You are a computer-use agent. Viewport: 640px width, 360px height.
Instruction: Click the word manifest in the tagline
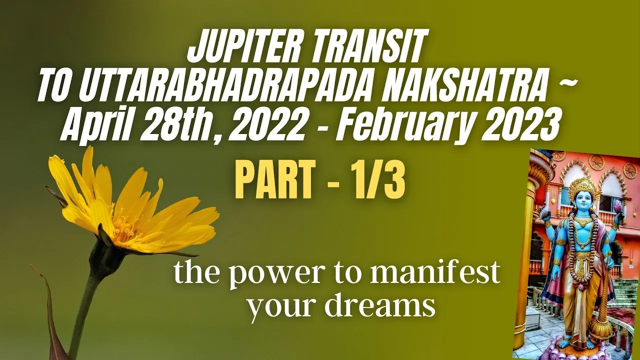pos(434,274)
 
